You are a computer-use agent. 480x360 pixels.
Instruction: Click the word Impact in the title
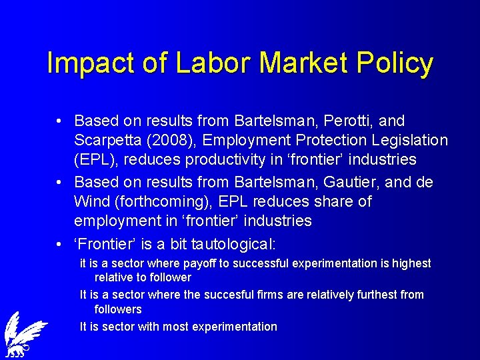coord(85,63)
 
